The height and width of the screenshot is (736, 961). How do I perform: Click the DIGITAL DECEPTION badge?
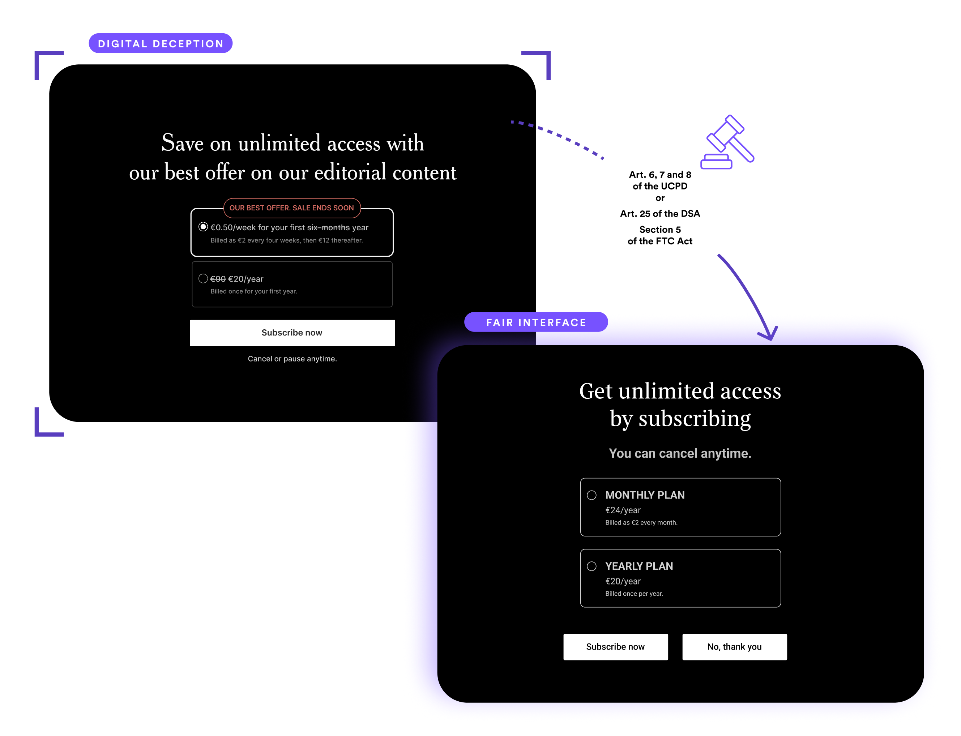click(161, 43)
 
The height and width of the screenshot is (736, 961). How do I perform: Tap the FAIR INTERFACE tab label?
click(536, 323)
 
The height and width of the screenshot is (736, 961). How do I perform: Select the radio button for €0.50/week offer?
click(203, 227)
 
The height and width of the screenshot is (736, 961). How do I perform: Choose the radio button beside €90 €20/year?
click(203, 278)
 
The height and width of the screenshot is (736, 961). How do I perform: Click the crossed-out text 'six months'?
click(328, 228)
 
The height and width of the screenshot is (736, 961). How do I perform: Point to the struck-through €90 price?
click(218, 279)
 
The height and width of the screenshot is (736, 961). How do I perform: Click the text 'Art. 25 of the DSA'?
click(660, 214)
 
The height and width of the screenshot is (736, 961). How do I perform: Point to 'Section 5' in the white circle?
click(660, 230)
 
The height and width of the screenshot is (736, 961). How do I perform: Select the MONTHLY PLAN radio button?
click(591, 495)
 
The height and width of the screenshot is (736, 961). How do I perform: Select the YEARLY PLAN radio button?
click(591, 566)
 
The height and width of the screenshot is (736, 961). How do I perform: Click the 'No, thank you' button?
click(734, 647)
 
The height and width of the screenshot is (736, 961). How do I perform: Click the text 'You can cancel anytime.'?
click(680, 453)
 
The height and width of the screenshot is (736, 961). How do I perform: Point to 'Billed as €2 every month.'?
click(641, 523)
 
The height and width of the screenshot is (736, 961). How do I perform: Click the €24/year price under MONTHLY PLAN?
click(623, 510)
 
